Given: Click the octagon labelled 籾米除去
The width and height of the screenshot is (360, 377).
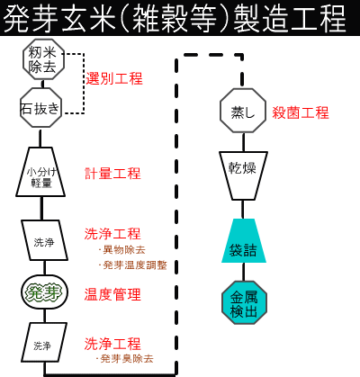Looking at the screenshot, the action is coord(44,59).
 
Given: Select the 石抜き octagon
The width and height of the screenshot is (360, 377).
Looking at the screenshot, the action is coord(40,108).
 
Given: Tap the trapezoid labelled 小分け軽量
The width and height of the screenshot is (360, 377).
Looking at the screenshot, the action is coord(40,172).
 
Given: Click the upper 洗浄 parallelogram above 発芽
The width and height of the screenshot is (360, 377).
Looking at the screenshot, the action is coord(44,240).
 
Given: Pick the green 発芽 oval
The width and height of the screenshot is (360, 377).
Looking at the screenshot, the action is coord(44,292).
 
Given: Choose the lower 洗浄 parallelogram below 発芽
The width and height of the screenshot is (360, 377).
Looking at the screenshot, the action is coord(44,343).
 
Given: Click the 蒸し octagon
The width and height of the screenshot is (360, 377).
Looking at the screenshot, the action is coord(243,111).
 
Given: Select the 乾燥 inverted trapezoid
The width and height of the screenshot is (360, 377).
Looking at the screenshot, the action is coord(243,175).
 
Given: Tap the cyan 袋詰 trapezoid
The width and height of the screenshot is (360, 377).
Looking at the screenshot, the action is coord(244,241).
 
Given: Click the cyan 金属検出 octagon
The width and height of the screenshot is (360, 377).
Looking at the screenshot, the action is coord(244,302).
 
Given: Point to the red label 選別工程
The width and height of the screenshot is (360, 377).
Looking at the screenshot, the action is coord(114,78).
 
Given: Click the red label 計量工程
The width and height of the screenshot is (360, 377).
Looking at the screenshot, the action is coord(112,174).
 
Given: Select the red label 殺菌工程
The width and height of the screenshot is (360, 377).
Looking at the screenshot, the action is coord(301,112).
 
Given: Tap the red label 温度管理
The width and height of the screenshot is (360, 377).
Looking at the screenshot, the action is coord(112,294).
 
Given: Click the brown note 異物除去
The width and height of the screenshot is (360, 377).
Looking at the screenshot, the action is coord(121,250).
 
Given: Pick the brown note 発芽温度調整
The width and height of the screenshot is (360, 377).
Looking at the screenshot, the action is coord(132,265).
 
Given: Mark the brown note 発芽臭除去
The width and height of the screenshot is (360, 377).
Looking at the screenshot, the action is coord(124,358).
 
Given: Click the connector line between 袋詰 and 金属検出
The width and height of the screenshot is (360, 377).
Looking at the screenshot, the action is coord(243,272).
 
